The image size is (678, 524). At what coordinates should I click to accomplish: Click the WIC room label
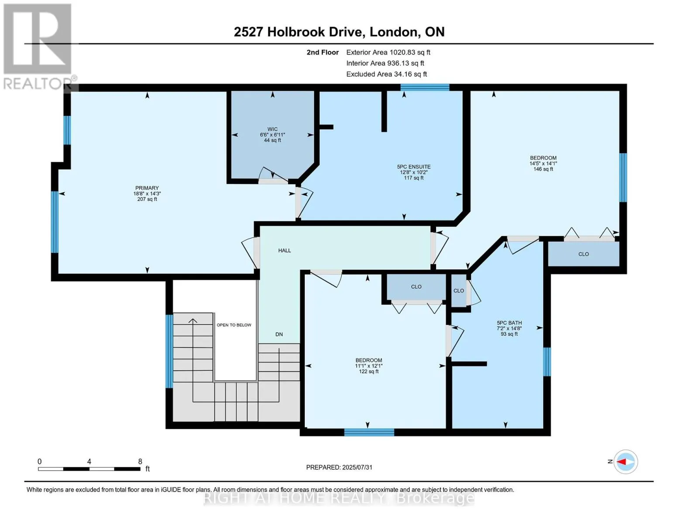[272, 129]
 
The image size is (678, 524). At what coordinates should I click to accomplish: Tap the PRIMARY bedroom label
[147, 188]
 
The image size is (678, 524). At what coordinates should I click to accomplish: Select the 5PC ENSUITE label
[414, 167]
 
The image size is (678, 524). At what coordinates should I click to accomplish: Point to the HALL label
[285, 250]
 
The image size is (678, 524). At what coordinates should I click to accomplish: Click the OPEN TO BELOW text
[234, 325]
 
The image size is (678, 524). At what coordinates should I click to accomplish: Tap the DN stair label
[279, 334]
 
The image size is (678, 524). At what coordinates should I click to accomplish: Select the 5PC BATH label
[509, 323]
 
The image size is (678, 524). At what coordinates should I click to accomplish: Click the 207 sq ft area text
[147, 199]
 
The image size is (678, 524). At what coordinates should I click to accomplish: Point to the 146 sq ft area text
[543, 169]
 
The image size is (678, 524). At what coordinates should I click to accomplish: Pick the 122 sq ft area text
[369, 372]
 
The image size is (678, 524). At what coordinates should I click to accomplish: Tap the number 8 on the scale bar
[140, 461]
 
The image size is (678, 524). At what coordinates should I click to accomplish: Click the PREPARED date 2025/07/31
[357, 467]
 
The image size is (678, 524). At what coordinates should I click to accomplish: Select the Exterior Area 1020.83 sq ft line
[388, 52]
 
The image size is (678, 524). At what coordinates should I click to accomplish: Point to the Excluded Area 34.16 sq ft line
[386, 74]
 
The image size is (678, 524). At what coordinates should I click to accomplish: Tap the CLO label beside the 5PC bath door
[459, 290]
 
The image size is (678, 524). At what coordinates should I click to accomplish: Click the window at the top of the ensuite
[425, 87]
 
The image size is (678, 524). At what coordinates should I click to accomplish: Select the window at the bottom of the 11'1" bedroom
[369, 432]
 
